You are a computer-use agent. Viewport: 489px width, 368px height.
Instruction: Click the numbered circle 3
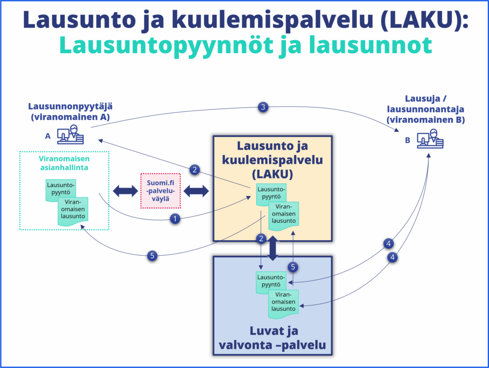pos(262,107)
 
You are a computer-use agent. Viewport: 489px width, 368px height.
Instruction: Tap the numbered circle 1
pos(176,219)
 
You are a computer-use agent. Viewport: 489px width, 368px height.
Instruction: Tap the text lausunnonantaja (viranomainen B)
pos(425,115)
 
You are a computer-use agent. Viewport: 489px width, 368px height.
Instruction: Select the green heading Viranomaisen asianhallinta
pos(64,163)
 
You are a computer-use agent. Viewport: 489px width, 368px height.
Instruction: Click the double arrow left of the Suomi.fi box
pos(125,191)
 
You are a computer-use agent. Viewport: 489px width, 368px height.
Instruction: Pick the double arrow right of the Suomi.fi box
pos(196,191)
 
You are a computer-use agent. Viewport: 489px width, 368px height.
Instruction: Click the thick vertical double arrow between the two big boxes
pos(273,247)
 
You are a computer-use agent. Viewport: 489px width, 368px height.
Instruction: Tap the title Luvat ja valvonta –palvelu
pos(272,338)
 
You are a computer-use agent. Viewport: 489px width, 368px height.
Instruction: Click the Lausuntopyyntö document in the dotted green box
pos(61,190)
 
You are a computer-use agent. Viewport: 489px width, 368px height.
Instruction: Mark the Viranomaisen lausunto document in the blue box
pos(283,301)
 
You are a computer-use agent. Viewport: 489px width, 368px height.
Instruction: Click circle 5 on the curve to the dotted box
pos(152,256)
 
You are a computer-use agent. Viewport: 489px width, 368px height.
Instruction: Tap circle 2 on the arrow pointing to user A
pos(194,169)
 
